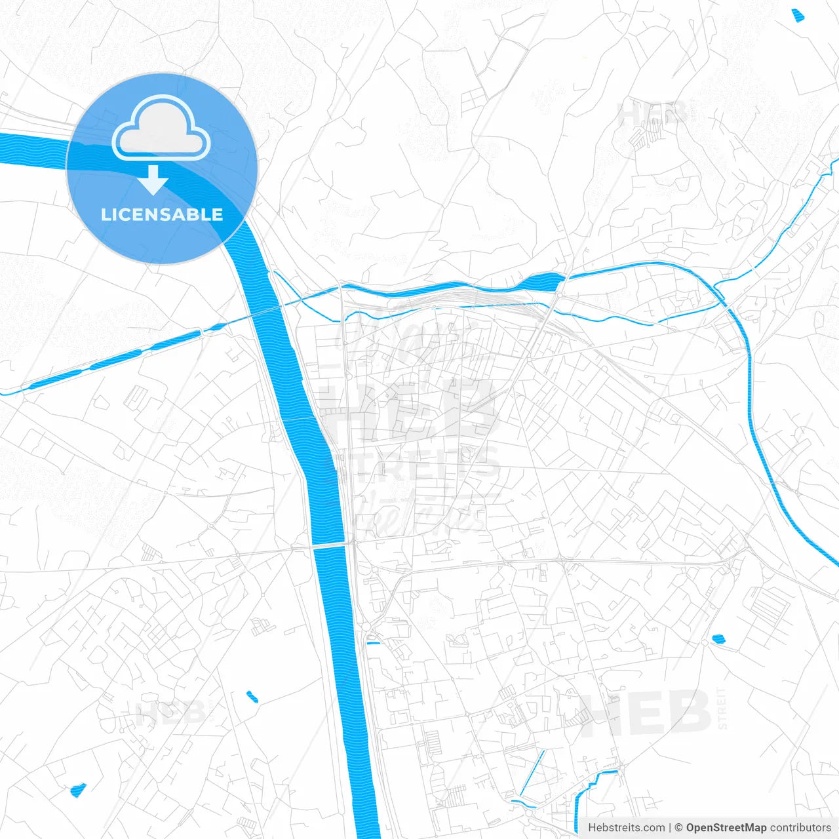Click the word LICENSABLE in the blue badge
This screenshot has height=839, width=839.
pyautogui.click(x=162, y=214)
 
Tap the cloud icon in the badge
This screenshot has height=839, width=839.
pyautogui.click(x=161, y=128)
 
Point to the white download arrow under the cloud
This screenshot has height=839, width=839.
pyautogui.click(x=154, y=180)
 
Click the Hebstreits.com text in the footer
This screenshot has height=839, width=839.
pyautogui.click(x=626, y=828)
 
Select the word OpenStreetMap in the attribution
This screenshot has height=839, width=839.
pyautogui.click(x=726, y=828)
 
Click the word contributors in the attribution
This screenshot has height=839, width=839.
pyautogui.click(x=800, y=828)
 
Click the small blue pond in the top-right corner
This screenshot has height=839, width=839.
pyautogui.click(x=797, y=16)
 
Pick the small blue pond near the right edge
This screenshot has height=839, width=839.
pyautogui.click(x=718, y=638)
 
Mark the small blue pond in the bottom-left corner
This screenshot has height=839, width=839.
pyautogui.click(x=77, y=790)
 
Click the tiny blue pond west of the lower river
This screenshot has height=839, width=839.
pyautogui.click(x=252, y=696)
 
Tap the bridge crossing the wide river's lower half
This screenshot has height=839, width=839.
pyautogui.click(x=330, y=544)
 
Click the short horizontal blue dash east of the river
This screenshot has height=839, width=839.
pyautogui.click(x=373, y=643)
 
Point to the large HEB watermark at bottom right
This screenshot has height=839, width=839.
pyautogui.click(x=646, y=713)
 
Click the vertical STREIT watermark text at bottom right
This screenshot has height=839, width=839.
pyautogui.click(x=722, y=708)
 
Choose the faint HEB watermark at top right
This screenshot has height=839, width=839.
pyautogui.click(x=652, y=115)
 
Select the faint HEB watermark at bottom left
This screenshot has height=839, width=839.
pyautogui.click(x=167, y=713)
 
